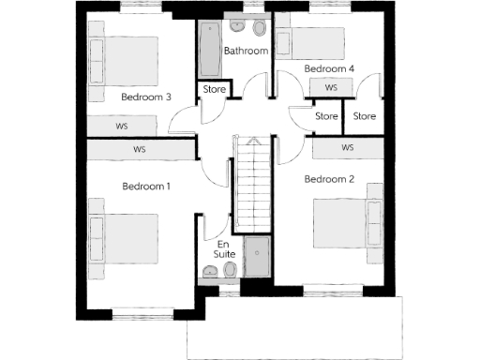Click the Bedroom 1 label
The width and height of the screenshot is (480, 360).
click(x=146, y=186)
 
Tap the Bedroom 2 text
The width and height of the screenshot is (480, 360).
click(x=329, y=178)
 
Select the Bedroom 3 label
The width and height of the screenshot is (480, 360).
click(x=146, y=97)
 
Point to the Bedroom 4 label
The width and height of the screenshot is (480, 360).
click(x=329, y=68)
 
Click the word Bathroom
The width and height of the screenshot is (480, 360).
click(x=246, y=51)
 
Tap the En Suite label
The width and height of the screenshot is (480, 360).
click(x=224, y=248)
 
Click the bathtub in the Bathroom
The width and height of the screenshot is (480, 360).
click(x=208, y=51)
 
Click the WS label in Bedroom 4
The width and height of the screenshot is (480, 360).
click(x=331, y=87)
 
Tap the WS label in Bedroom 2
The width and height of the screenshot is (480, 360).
click(x=347, y=148)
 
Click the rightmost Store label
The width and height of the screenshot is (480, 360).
click(x=364, y=116)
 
